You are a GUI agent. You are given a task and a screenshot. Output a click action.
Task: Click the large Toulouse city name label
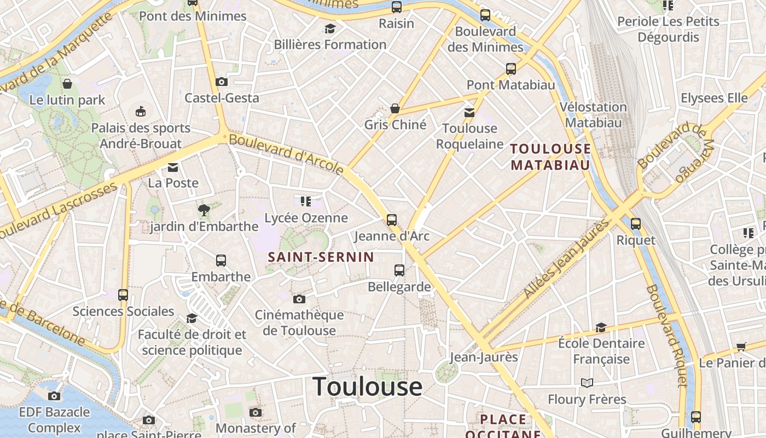point(367,387)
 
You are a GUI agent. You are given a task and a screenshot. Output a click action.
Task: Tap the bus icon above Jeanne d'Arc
point(392,220)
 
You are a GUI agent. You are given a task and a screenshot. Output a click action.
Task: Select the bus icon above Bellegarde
point(399,270)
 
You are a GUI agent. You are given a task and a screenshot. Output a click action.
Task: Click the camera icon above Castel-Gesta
point(222,82)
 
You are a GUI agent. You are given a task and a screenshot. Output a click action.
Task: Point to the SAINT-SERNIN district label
point(321,257)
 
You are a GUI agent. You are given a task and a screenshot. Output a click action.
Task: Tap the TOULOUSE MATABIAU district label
point(550,157)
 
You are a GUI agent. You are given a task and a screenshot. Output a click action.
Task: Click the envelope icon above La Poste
point(173,167)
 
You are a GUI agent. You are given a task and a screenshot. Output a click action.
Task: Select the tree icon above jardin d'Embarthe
point(204,209)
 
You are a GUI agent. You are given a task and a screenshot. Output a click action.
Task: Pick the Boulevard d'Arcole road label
point(286,154)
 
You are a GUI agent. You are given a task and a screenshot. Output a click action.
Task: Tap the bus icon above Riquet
point(635,223)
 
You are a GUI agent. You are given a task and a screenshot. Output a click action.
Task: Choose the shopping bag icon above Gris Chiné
point(394,108)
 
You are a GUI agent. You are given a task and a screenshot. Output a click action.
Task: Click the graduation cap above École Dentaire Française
point(601,327)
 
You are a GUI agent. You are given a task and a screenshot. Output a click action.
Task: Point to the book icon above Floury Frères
point(587,383)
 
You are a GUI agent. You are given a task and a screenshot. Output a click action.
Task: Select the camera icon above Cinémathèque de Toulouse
point(299,299)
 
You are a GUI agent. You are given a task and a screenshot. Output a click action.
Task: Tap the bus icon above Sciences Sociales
point(123,295)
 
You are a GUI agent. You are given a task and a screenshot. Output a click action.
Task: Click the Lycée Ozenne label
point(306,218)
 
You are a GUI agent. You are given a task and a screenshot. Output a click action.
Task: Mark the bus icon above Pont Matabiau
point(510,69)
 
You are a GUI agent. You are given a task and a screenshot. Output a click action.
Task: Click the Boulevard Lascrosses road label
point(58,210)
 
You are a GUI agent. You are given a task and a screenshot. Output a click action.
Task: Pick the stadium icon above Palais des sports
point(141,111)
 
